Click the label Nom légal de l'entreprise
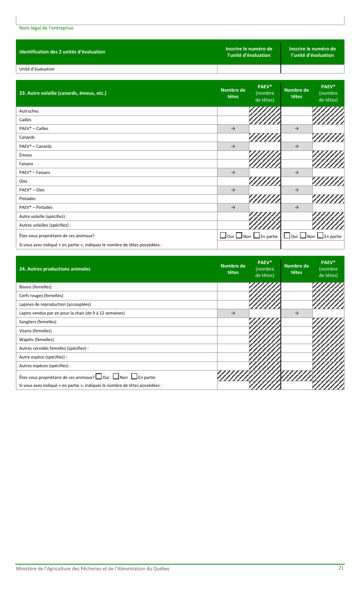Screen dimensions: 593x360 [x=46, y=28]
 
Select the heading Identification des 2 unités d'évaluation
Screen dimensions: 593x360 [x=62, y=52]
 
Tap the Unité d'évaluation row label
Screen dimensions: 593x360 [x=37, y=69]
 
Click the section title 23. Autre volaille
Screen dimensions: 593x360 [x=63, y=93]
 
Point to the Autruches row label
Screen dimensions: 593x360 [x=29, y=111]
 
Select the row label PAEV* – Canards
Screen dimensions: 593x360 [x=35, y=146]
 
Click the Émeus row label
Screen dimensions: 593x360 [x=25, y=155]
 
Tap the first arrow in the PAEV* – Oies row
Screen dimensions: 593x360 [x=233, y=190]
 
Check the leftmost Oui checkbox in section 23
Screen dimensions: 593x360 [x=223, y=236]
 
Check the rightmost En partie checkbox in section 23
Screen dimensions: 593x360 [x=320, y=236]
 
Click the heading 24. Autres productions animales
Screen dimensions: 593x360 [x=55, y=269]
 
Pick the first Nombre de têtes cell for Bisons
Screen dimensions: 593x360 [x=233, y=287]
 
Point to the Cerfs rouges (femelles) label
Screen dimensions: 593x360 [x=41, y=296]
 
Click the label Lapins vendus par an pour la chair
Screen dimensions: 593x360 [x=72, y=313]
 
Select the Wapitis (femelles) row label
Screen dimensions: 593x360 [x=36, y=340]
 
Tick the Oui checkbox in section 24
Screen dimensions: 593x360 [x=99, y=377]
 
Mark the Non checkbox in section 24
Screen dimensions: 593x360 [x=116, y=377]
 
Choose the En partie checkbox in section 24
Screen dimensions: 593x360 [x=134, y=377]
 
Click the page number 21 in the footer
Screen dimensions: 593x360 [x=341, y=568]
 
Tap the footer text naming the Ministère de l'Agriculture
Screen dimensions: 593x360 [x=92, y=568]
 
